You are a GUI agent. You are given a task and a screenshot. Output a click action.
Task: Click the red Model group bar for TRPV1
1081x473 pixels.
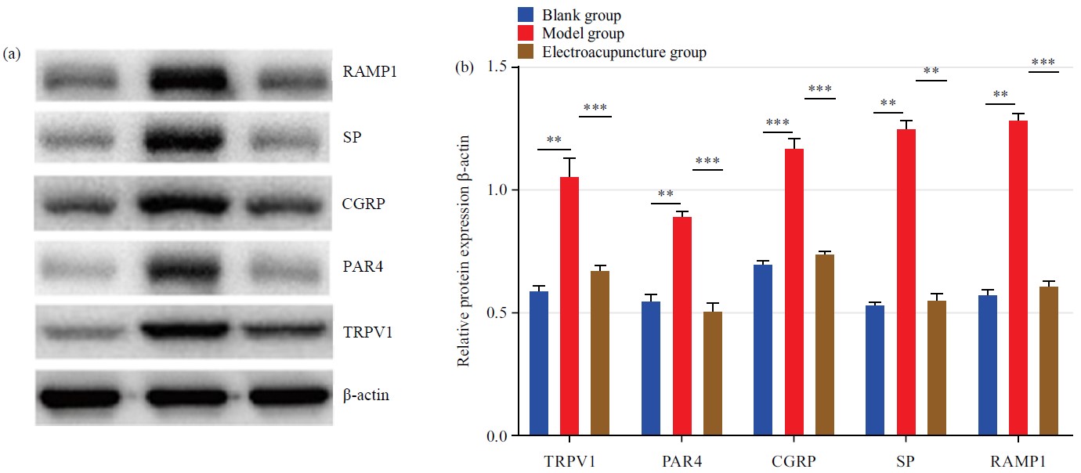(569, 305)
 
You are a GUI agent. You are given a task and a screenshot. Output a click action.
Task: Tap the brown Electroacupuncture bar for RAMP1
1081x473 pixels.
(1048, 361)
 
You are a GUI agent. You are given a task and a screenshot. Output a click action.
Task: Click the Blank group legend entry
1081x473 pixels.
(581, 15)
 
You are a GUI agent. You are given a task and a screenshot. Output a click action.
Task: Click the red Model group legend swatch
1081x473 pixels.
(526, 34)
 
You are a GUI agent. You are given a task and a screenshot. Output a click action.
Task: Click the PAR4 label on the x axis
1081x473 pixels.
(682, 460)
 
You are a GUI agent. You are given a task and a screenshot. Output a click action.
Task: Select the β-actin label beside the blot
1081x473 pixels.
(366, 395)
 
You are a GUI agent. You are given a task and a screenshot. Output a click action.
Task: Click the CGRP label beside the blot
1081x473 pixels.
(363, 204)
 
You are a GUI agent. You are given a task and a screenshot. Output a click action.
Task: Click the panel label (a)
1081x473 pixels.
(12, 54)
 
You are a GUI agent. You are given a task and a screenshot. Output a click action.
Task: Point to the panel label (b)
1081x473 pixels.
(465, 68)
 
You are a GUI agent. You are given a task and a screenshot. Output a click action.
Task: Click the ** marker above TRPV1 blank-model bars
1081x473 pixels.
(554, 140)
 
